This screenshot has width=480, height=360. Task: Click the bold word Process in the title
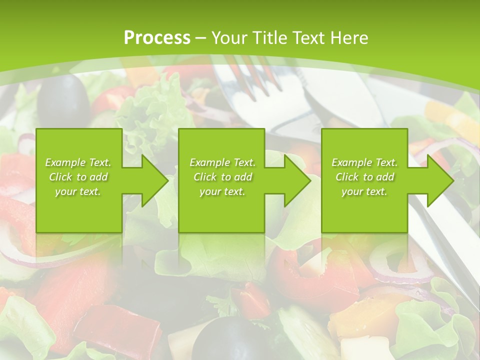[157, 38]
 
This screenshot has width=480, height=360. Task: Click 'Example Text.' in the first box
[78, 162]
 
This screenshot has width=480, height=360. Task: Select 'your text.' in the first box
[78, 191]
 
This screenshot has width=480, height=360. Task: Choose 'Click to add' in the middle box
[222, 177]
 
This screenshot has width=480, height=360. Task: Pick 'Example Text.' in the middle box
[222, 162]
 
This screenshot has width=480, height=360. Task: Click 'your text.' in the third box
[364, 191]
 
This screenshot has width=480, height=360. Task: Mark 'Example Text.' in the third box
[364, 162]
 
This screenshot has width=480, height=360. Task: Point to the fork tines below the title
[252, 75]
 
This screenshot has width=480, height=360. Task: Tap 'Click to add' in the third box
[364, 177]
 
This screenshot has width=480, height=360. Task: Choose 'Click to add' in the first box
[78, 177]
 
